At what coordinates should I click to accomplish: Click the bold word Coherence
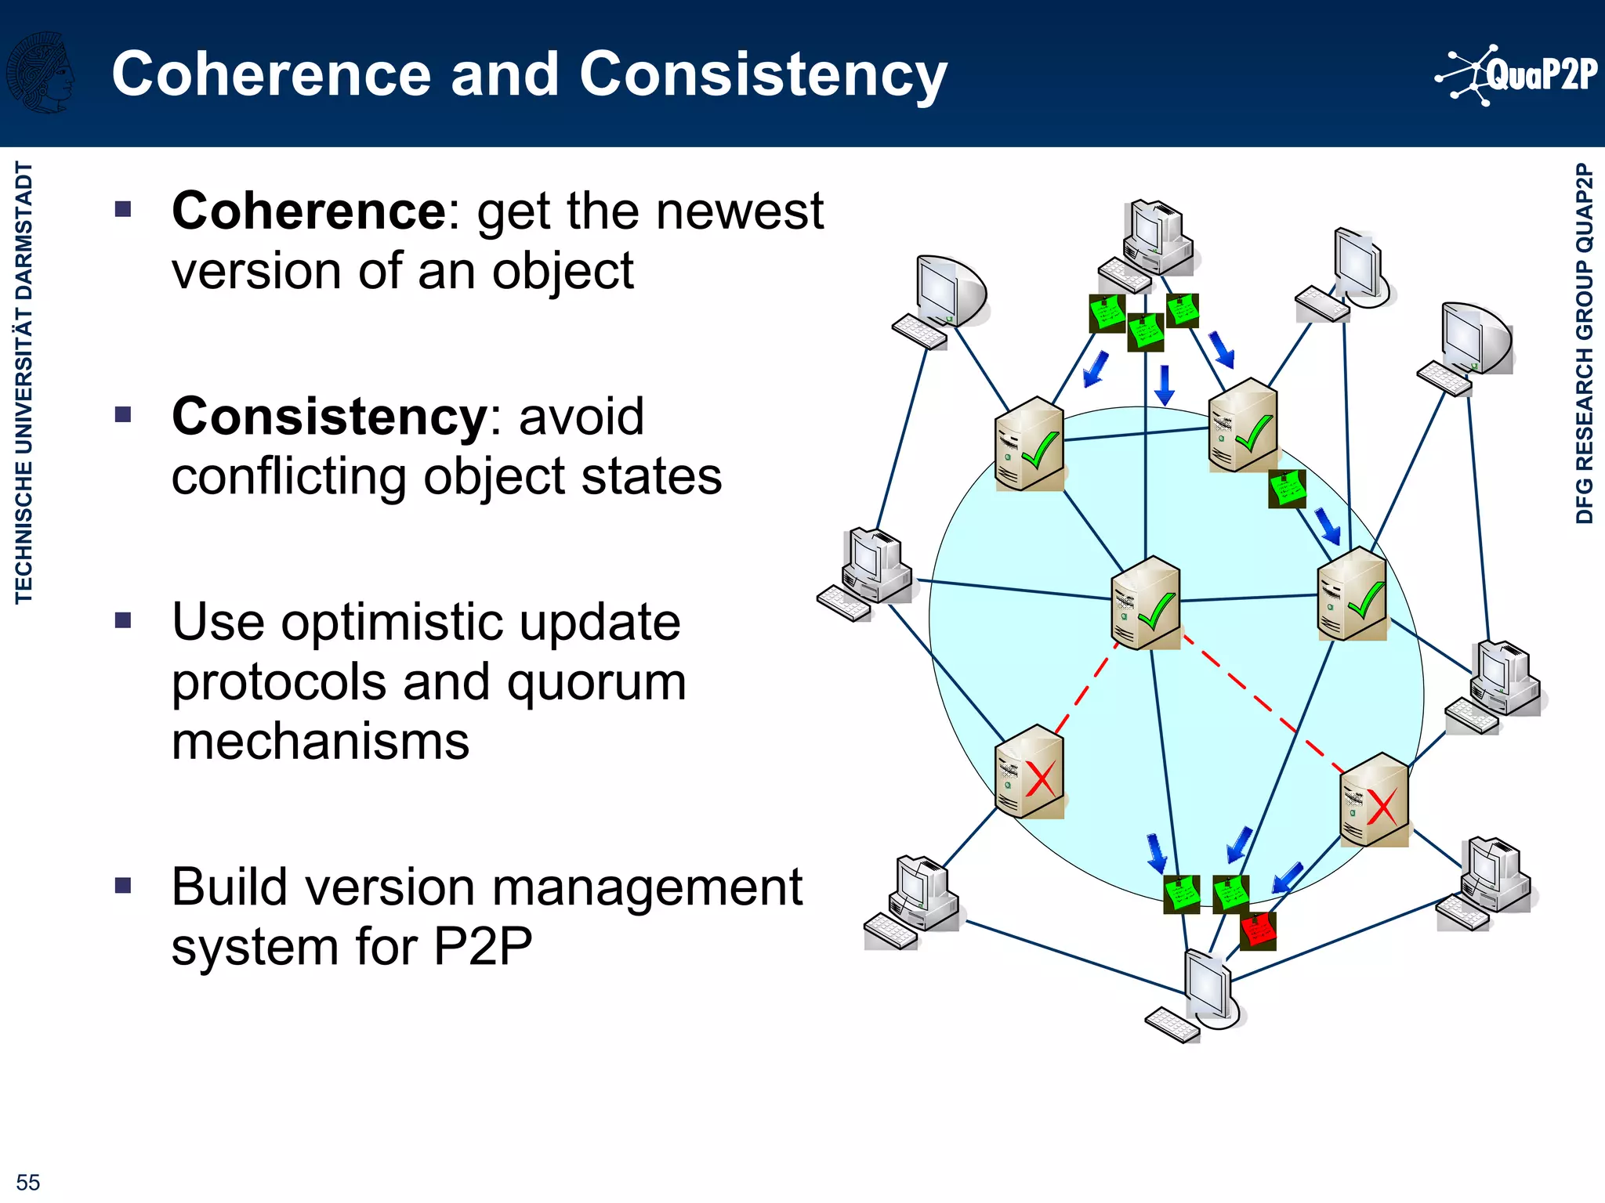pyautogui.click(x=309, y=211)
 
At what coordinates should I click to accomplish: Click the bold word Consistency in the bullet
pyautogui.click(x=329, y=417)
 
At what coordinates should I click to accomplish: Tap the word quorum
pyautogui.click(x=596, y=683)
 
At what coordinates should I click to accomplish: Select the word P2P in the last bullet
pyautogui.click(x=483, y=946)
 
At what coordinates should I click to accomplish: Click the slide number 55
pyautogui.click(x=27, y=1182)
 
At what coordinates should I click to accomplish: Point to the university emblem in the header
pyautogui.click(x=39, y=72)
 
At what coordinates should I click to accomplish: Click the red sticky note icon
pyautogui.click(x=1259, y=930)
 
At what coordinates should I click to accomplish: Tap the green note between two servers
pyautogui.click(x=1287, y=489)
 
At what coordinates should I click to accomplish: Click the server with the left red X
pyautogui.click(x=1029, y=772)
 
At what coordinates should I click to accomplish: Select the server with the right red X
pyautogui.click(x=1374, y=800)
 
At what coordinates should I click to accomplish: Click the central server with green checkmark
pyautogui.click(x=1145, y=603)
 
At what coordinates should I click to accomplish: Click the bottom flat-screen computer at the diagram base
pyautogui.click(x=1199, y=995)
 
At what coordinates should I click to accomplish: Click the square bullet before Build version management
pyautogui.click(x=123, y=886)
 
